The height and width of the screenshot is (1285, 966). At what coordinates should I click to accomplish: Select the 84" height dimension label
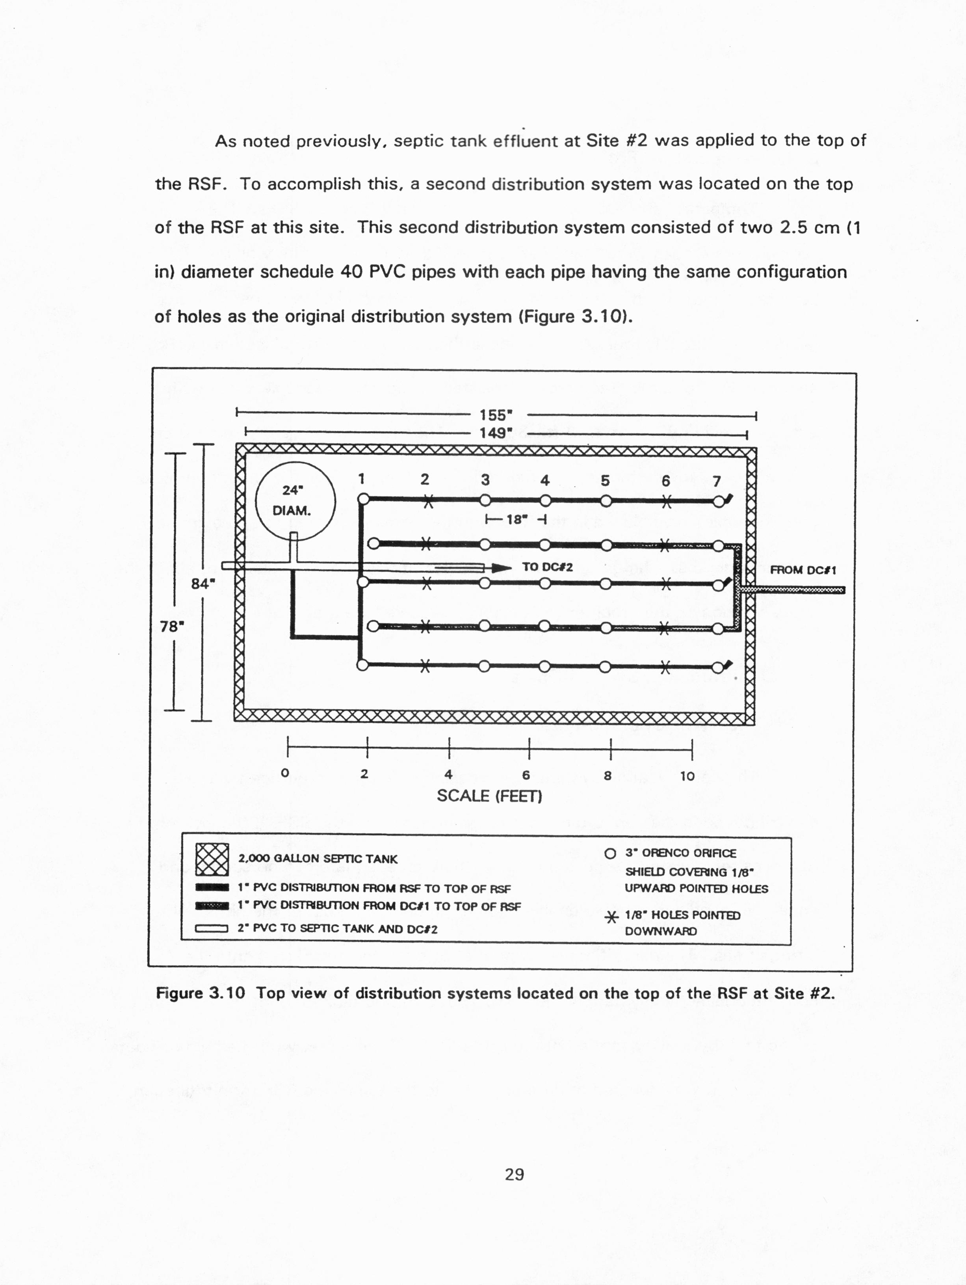coord(203,583)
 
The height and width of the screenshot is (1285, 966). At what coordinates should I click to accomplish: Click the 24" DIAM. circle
coord(295,501)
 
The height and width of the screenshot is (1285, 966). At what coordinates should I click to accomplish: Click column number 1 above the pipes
coord(361,479)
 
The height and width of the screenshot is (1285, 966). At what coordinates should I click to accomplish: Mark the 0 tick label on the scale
coord(284,773)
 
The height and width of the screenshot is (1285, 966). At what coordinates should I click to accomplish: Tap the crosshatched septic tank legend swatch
coord(212,859)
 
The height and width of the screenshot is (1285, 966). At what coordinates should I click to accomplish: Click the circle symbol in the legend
coord(610,854)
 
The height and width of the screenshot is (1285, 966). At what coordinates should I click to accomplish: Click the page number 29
coord(515,1175)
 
